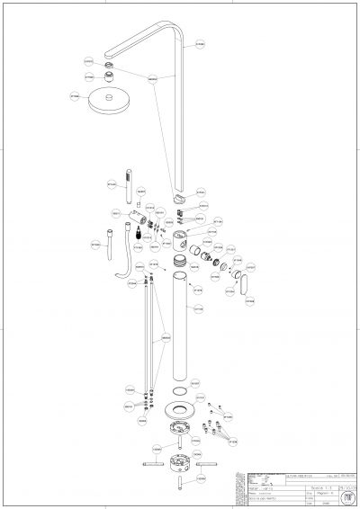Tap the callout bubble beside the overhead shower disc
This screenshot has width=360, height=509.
[75, 93]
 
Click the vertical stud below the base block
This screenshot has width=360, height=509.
[180, 487]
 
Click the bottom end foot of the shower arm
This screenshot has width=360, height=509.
[184, 194]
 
